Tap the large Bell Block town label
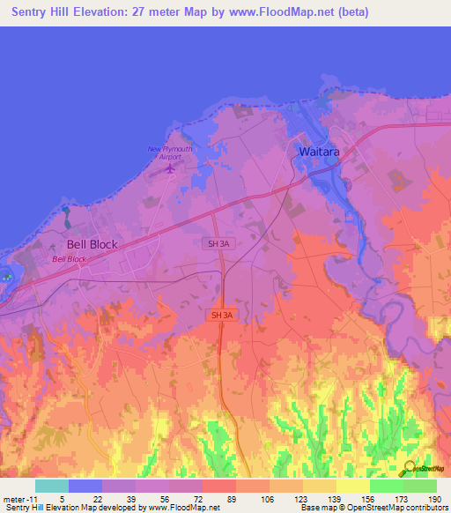point(92,245)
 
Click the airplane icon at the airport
point(171,167)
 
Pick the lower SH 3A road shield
point(223,315)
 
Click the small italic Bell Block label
point(70,259)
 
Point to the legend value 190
point(434,499)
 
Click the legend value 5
point(63,499)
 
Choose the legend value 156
point(367,499)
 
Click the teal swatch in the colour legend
point(52,486)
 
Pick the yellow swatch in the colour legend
point(352,486)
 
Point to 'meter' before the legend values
point(12,499)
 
